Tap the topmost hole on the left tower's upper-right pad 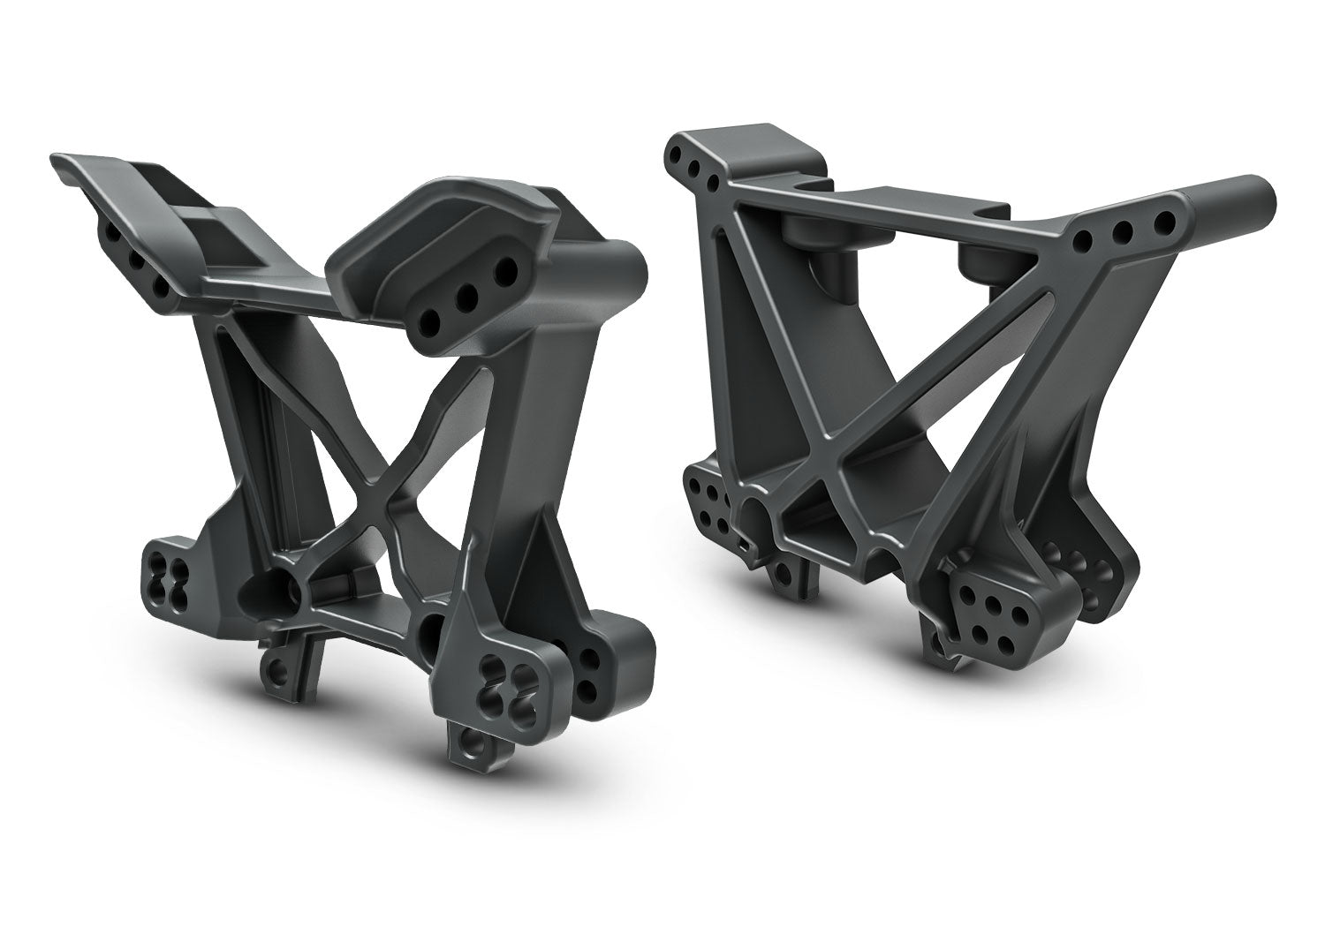click(x=504, y=266)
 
